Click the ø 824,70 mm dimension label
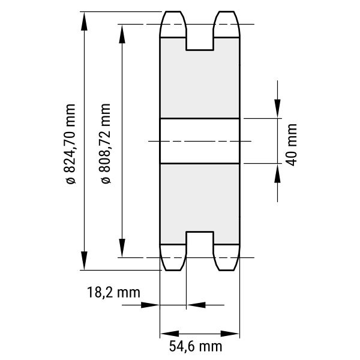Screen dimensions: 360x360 tap(70, 144)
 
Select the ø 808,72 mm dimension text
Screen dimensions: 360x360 tap(106, 143)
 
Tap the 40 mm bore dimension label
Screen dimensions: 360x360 tap(292, 145)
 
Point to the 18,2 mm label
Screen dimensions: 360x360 tap(113, 293)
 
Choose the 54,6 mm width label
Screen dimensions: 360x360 tap(196, 346)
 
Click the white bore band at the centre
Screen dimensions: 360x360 tap(200, 141)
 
